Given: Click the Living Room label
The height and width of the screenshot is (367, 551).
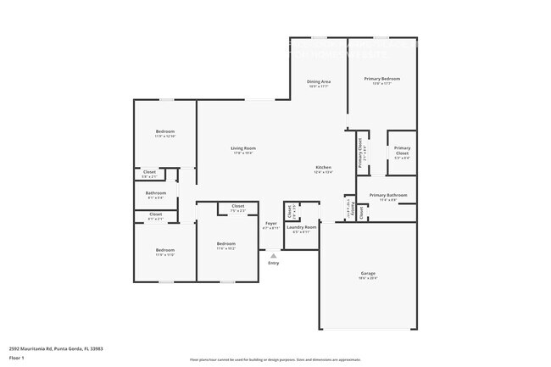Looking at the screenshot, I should tap(243, 148).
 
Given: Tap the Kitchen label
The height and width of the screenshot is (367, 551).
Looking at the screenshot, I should tap(323, 167).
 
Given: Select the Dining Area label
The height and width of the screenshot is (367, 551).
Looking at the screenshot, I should tap(319, 81).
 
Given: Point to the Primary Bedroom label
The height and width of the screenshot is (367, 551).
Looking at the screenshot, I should tap(381, 79).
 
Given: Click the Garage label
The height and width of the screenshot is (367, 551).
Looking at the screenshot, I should tap(368, 273).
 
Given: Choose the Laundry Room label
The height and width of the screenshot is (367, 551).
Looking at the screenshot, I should tap(301, 227).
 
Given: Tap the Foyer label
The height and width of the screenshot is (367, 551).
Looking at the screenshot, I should tap(271, 224).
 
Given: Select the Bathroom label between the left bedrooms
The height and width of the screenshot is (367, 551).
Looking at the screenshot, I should tap(155, 192).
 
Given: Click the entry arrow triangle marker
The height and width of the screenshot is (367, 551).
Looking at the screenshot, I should tap(273, 255).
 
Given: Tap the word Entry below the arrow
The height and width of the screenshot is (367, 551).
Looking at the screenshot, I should tap(273, 264).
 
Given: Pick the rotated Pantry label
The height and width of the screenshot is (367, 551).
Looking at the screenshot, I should tap(350, 208).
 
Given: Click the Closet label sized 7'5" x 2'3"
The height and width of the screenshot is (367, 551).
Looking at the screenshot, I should tap(238, 206).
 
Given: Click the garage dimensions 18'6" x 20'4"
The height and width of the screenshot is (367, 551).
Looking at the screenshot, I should tap(368, 278).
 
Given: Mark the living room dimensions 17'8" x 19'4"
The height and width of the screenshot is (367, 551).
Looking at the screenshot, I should tap(243, 153).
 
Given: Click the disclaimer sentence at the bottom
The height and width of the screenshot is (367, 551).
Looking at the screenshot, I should tap(275, 360).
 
